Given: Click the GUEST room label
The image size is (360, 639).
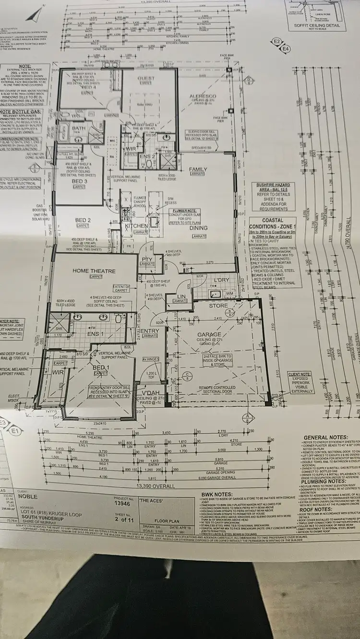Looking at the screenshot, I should (146, 79).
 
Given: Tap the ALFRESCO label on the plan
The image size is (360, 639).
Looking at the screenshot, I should (204, 96).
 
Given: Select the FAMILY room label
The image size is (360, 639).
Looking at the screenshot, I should (198, 170).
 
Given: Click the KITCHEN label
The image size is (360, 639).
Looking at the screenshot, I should (136, 225).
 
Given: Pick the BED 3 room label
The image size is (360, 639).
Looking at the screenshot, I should (80, 182).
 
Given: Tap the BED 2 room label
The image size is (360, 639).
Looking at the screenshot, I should (83, 220).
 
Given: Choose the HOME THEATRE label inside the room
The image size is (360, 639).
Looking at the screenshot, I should (94, 271).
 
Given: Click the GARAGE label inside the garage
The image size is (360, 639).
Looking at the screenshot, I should (209, 334).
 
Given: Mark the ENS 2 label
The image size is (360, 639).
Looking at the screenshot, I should (147, 156).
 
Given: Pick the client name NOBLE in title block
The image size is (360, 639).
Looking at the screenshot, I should (27, 484).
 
